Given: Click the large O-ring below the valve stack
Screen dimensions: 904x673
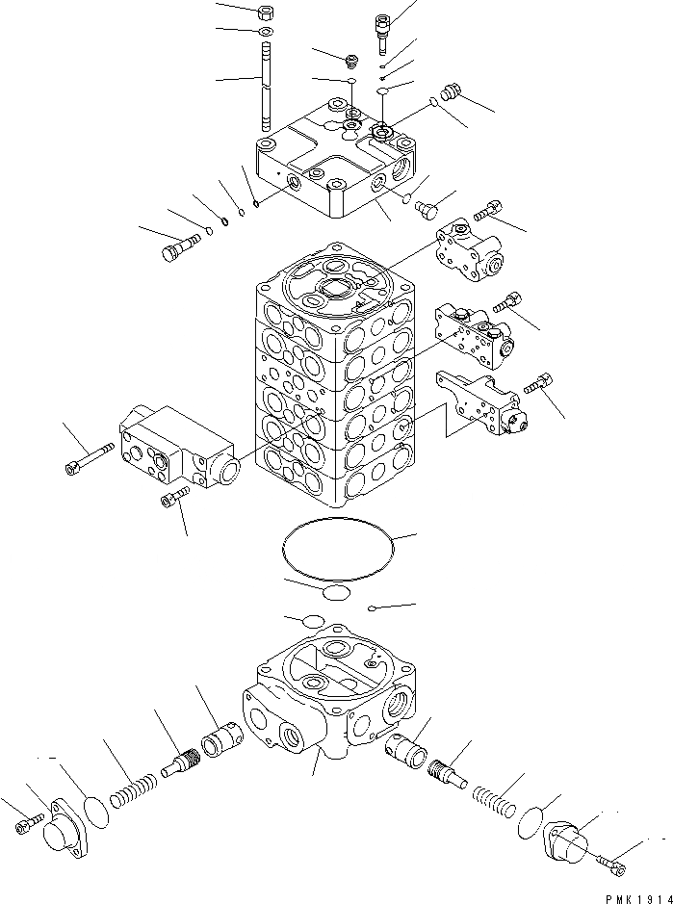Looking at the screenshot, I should pos(338,552).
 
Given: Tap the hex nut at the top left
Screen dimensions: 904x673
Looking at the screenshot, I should pos(266,14).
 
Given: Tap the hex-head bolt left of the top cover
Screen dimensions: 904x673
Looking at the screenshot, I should pos(174,249).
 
